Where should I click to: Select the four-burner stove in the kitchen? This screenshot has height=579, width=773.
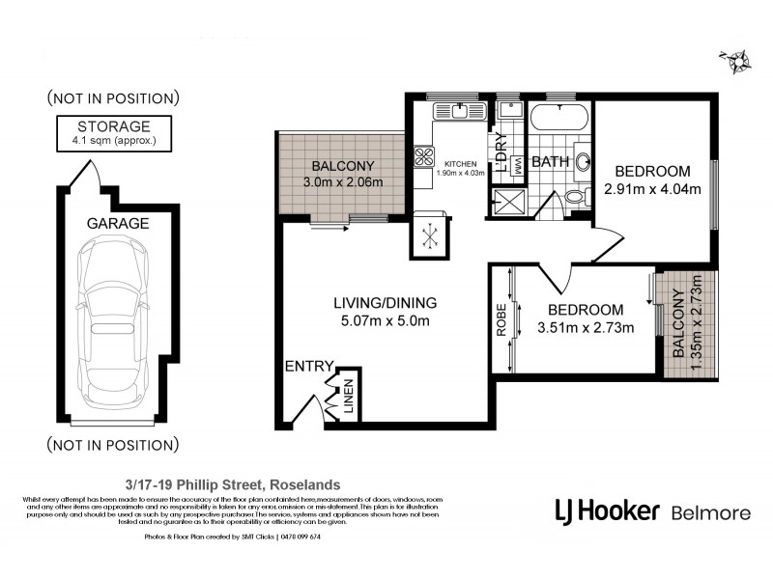(424, 156)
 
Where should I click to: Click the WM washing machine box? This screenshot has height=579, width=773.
(516, 166)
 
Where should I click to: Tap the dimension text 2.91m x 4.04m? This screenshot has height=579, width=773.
(651, 189)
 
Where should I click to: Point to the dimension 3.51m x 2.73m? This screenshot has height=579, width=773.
(586, 328)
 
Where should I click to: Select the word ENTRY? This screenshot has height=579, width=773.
(307, 366)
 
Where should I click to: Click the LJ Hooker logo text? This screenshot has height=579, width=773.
(606, 510)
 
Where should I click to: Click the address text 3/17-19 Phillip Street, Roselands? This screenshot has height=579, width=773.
(232, 484)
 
